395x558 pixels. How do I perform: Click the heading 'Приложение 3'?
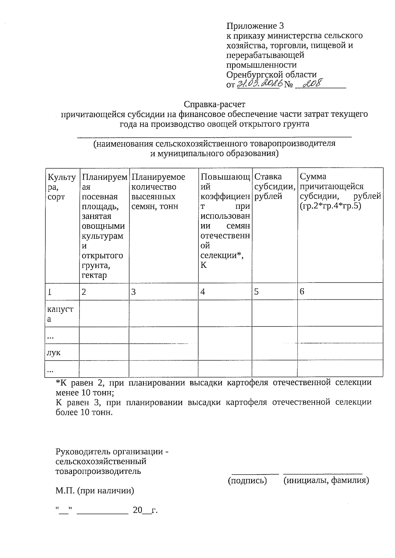tap(255, 26)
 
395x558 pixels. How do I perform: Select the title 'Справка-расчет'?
tap(215, 105)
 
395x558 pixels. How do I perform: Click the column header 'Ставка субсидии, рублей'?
tap(274, 187)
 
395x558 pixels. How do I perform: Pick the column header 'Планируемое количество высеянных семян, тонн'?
tap(158, 192)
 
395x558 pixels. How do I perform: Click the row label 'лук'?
tap(54, 353)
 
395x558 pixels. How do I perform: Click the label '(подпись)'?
tap(248, 481)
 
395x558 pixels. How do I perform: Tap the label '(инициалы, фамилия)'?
tap(326, 481)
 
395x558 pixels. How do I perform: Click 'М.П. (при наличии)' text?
tap(95, 491)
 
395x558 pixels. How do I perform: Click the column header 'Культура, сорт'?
tap(61, 187)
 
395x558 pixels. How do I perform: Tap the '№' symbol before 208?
tap(288, 85)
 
